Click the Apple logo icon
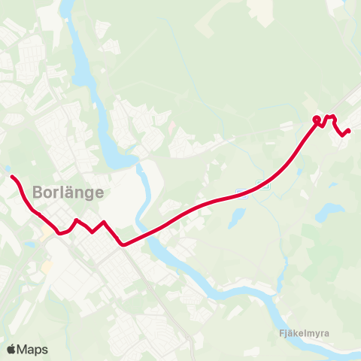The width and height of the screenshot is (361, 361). click(11, 349)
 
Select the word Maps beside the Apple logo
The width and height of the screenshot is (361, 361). click(32, 349)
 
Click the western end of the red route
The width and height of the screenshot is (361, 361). click(12, 177)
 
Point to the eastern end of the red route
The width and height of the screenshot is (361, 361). click(349, 131)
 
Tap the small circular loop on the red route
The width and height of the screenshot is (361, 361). click(317, 120)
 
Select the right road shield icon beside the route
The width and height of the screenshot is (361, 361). click(262, 184)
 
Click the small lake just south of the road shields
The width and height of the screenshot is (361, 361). click(237, 217)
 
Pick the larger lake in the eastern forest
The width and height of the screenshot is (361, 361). click(329, 212)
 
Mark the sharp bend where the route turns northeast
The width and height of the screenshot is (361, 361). click(123, 244)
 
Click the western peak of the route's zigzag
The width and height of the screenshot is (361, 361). click(76, 220)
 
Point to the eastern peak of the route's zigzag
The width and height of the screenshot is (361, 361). click(105, 222)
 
